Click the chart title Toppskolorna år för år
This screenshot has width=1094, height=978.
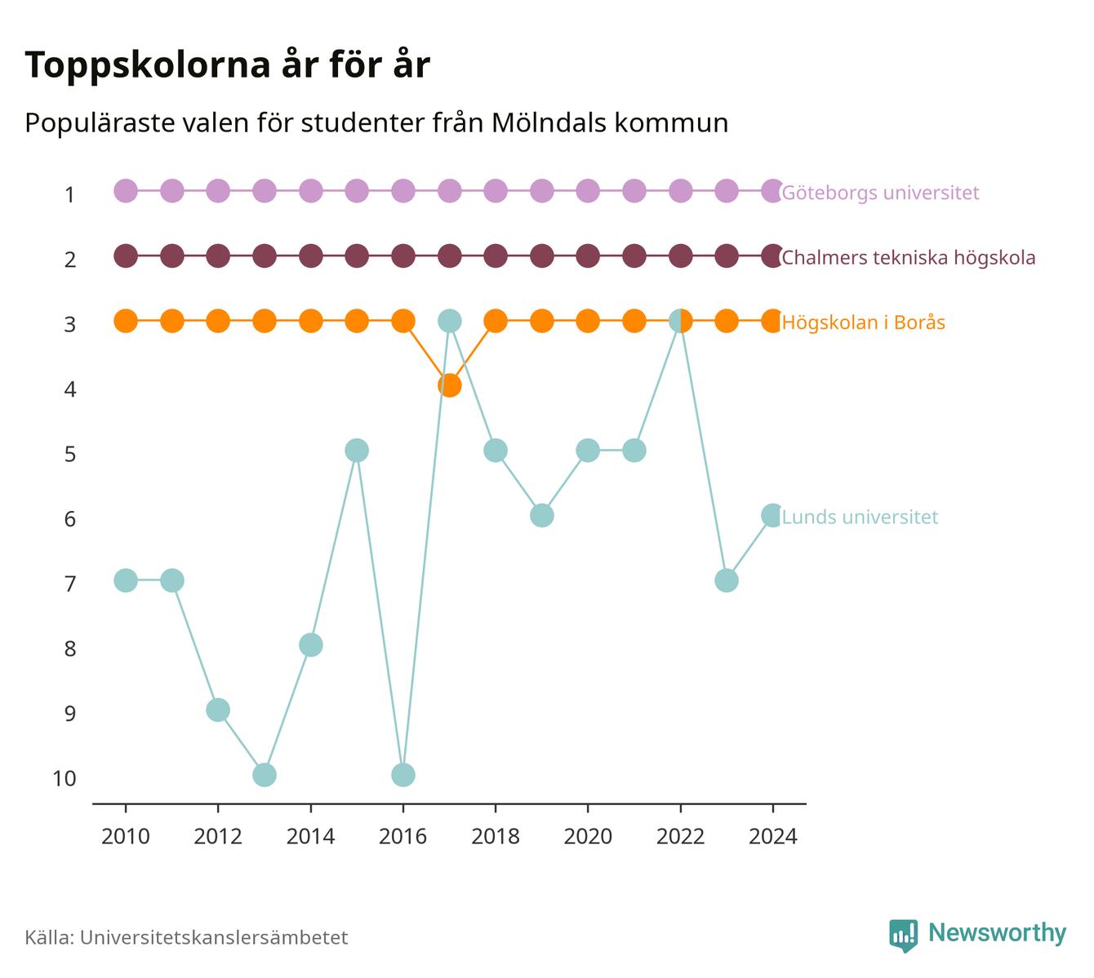pyautogui.click(x=227, y=64)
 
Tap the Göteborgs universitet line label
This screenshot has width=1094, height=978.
pyautogui.click(x=880, y=193)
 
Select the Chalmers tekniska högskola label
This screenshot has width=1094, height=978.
pyautogui.click(x=908, y=258)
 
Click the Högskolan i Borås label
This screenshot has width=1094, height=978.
pyautogui.click(x=864, y=322)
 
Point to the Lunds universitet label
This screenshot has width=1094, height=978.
pyautogui.click(x=860, y=517)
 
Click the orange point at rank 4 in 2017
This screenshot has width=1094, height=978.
pyautogui.click(x=449, y=385)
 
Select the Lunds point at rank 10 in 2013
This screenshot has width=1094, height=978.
pyautogui.click(x=265, y=775)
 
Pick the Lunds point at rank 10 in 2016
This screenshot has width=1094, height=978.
pyautogui.click(x=402, y=775)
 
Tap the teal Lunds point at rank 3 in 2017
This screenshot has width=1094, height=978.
pyautogui.click(x=449, y=321)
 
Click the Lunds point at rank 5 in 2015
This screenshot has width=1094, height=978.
pyautogui.click(x=357, y=451)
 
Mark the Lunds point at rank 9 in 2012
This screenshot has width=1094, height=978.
pyautogui.click(x=218, y=710)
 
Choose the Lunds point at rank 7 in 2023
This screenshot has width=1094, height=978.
pyautogui.click(x=727, y=580)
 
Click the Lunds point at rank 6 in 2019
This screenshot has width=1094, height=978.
pyautogui.click(x=541, y=516)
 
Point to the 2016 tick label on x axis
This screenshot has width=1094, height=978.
pyautogui.click(x=402, y=837)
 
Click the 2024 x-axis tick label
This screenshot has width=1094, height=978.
pyautogui.click(x=772, y=837)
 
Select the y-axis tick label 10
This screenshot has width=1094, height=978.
pyautogui.click(x=64, y=779)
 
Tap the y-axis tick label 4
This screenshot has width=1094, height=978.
pyautogui.click(x=70, y=389)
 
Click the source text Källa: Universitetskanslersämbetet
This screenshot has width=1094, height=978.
pyautogui.click(x=186, y=937)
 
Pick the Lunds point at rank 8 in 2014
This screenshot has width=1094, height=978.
pyautogui.click(x=311, y=645)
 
